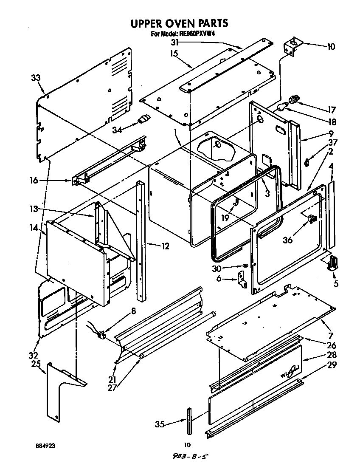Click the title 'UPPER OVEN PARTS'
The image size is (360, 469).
click(x=179, y=23)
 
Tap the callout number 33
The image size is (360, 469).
click(x=37, y=78)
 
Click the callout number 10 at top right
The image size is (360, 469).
click(x=331, y=47)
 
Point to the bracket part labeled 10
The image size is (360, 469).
click(x=293, y=45)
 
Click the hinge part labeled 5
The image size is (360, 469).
click(x=333, y=263)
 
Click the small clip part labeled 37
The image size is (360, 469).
click(x=309, y=161)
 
